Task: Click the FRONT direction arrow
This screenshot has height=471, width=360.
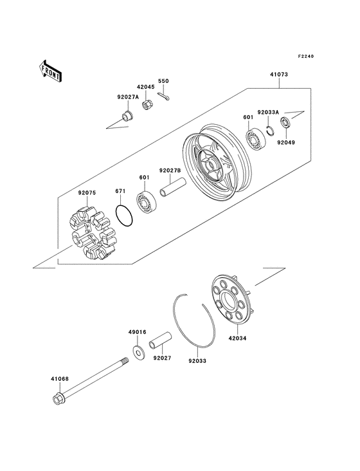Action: (x=51, y=71)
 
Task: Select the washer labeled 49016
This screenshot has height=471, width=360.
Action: (x=138, y=351)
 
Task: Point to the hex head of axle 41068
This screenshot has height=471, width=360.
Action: (x=57, y=400)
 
